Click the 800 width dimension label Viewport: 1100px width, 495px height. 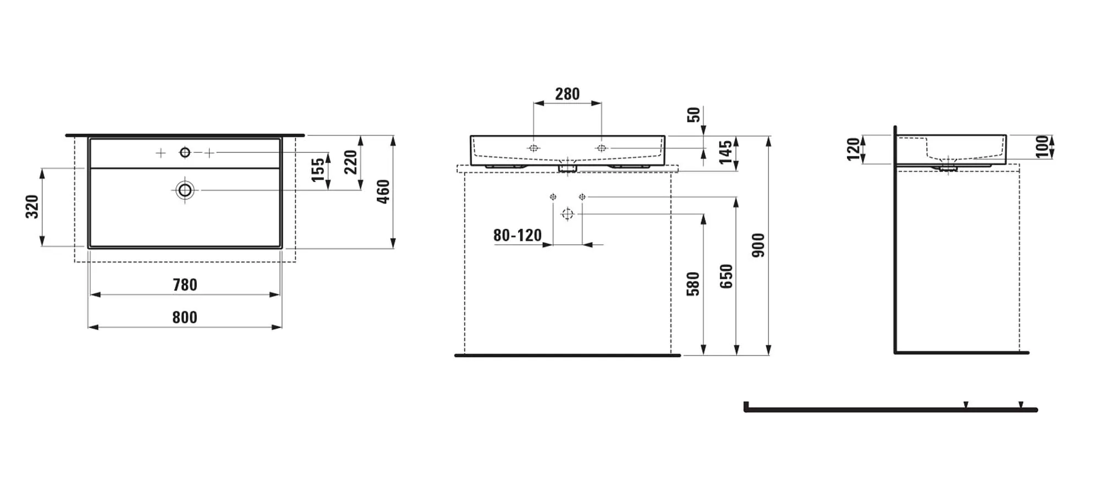point(185,317)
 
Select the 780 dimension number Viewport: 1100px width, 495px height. point(185,285)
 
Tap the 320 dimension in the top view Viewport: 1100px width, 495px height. point(32,206)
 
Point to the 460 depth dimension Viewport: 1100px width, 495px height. point(383,191)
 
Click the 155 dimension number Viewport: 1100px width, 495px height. point(318,169)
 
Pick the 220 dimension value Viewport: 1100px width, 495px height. point(350,162)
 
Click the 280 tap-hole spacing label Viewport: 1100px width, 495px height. point(567,94)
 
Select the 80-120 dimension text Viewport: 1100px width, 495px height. point(517,235)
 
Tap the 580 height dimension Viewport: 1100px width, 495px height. point(693,284)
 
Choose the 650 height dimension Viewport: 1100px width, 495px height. point(726,277)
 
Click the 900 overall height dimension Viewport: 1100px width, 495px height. point(758,245)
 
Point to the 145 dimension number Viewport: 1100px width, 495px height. point(725,152)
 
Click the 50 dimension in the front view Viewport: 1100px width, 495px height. point(694,115)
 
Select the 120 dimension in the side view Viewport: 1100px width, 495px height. point(853,149)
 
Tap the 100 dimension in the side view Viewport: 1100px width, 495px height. point(1042,147)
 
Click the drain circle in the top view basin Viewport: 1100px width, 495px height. point(185,190)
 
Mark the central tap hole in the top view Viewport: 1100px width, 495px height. point(185,152)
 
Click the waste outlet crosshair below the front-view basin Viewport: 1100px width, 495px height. point(567,214)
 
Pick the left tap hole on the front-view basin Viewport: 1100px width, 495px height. point(533,148)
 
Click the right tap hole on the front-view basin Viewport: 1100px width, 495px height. point(601,148)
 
